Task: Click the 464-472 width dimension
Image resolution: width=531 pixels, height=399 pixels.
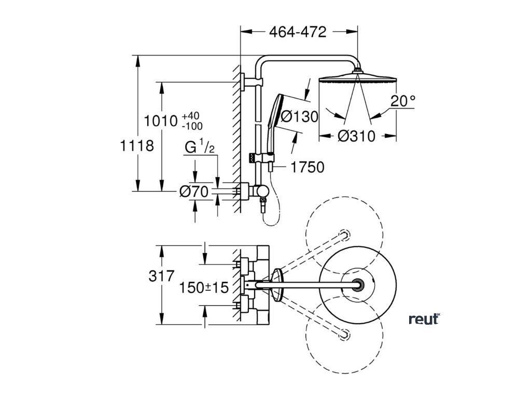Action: pos(298,32)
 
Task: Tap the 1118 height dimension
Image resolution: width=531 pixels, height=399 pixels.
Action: pos(136,146)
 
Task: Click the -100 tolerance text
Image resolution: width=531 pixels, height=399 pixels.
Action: pos(192,126)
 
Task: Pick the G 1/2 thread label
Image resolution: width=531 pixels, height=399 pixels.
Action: pos(200,148)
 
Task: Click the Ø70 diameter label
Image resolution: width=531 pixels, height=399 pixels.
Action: pos(193,192)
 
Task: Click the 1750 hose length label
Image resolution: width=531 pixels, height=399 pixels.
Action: pos(307,167)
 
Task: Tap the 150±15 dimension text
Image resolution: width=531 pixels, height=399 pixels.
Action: pos(204,288)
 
